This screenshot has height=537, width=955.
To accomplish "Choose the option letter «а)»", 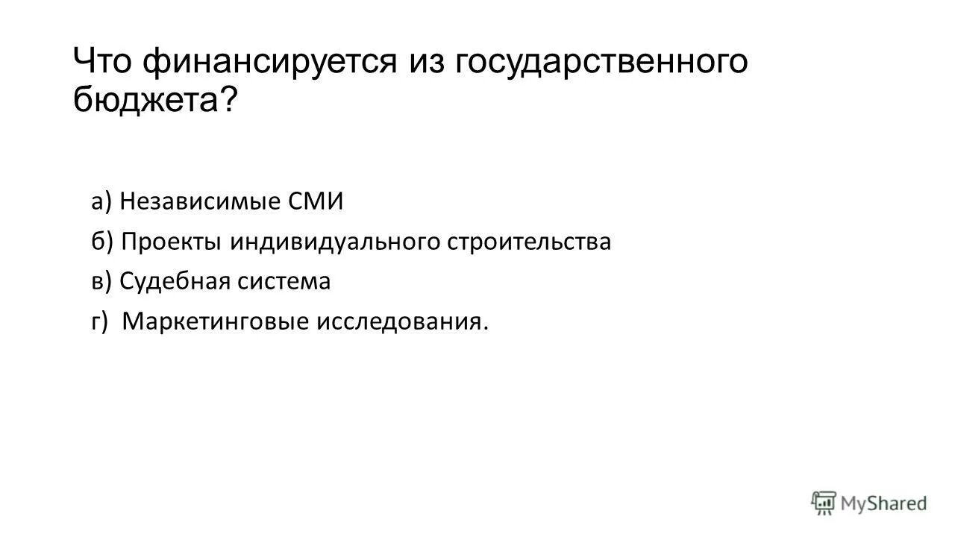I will point(102,202).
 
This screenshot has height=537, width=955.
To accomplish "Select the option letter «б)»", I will point(102,242).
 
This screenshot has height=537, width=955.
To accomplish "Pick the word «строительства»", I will point(529,242).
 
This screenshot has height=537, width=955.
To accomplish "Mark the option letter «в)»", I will point(102,282).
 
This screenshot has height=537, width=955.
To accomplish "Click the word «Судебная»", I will point(175,282).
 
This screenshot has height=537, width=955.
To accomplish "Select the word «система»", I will point(285,282).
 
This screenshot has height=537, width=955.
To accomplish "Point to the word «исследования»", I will point(402,322).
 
